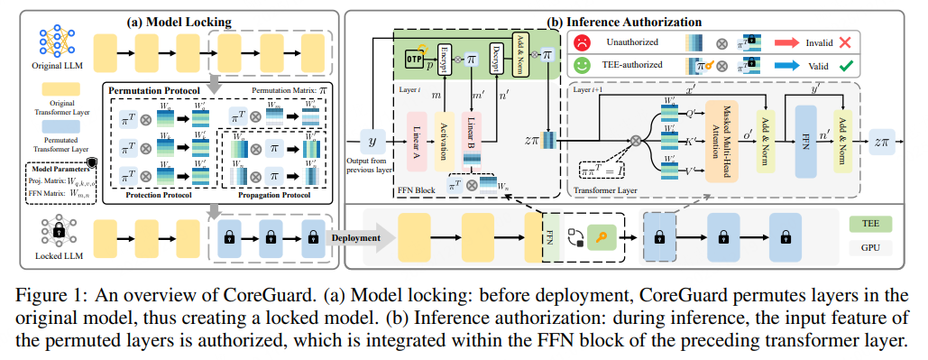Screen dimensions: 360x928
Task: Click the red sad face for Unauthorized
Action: (x=582, y=42)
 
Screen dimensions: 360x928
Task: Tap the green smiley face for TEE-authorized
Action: (x=582, y=66)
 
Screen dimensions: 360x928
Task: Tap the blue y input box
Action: (x=372, y=139)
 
